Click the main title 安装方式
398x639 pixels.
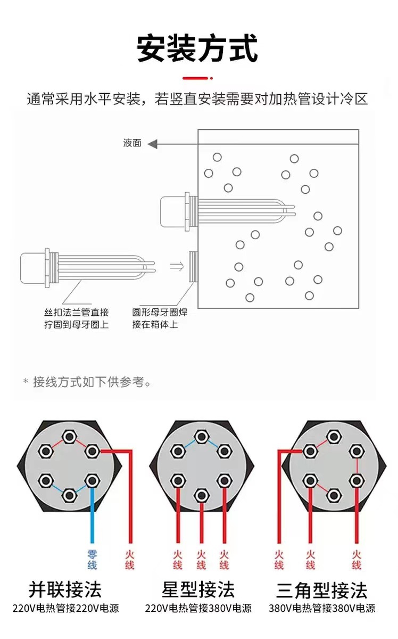click(x=197, y=48)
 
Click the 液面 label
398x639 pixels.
click(x=132, y=143)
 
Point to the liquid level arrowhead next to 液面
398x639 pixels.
click(x=153, y=143)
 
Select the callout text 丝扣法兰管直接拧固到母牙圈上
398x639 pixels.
click(x=76, y=318)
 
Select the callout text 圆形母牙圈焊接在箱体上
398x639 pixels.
click(x=160, y=318)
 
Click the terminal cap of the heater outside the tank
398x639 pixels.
click(x=33, y=266)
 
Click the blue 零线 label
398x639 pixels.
click(x=92, y=560)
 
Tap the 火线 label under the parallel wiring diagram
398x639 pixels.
click(x=129, y=560)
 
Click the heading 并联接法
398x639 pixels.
click(x=65, y=589)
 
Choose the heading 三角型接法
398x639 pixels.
click(x=321, y=590)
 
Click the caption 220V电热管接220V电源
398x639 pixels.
click(x=65, y=608)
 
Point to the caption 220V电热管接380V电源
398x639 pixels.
click(x=198, y=608)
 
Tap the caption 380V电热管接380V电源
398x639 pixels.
click(x=321, y=608)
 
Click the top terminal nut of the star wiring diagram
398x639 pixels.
click(x=201, y=437)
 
